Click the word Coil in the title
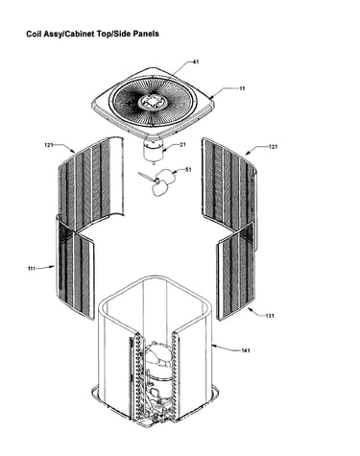[33, 34]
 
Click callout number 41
[196, 61]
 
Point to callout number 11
[242, 88]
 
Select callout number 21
[182, 145]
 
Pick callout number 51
[188, 169]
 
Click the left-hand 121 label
[49, 145]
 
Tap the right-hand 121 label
[273, 147]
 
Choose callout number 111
[32, 269]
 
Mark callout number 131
[270, 316]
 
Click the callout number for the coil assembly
[246, 350]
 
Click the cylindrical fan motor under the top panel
[154, 151]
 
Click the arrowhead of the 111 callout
[53, 266]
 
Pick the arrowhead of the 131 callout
[250, 309]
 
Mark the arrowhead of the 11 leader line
[211, 95]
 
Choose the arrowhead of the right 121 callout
[248, 154]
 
